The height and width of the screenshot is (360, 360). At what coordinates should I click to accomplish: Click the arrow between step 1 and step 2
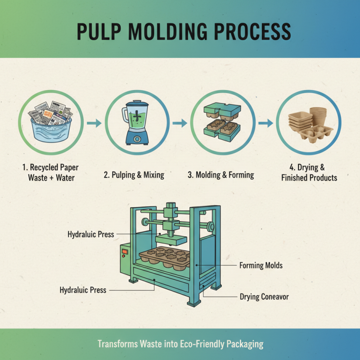pos(94,123)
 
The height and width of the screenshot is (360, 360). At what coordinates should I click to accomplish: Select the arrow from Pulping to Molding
pos(180,123)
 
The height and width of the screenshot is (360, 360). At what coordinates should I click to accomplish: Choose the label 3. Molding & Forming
pos(220,175)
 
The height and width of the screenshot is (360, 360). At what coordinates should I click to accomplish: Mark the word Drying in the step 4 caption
pos(318,167)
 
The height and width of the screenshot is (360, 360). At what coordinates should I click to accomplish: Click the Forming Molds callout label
pos(261,265)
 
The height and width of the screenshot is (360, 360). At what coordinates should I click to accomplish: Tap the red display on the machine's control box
pos(125,251)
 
